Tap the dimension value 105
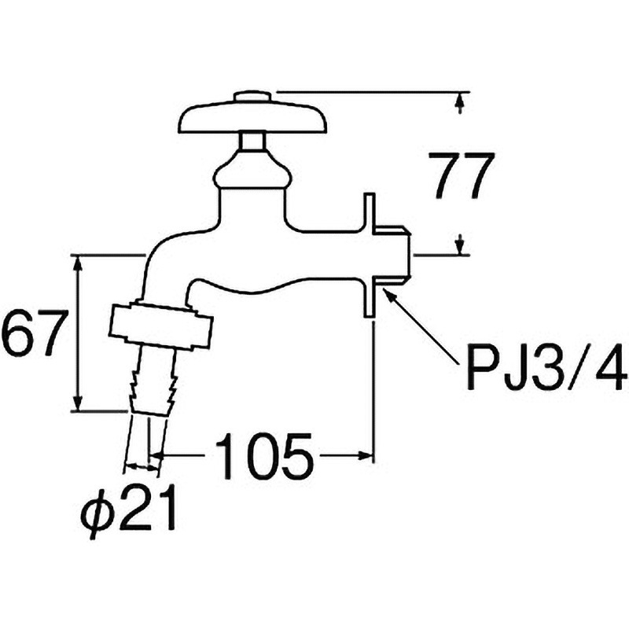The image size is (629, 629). [x=264, y=456]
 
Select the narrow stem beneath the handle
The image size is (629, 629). [x=252, y=142]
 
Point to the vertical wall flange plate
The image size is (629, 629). [x=368, y=256]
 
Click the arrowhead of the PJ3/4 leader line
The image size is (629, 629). [x=388, y=292]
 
